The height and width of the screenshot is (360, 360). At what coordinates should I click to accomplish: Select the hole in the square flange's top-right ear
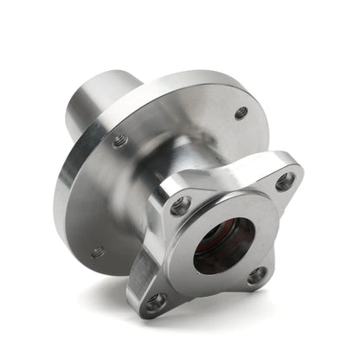284,182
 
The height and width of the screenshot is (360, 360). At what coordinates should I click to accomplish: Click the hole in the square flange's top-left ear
180,206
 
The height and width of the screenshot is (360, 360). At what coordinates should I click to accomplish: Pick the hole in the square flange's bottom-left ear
156,302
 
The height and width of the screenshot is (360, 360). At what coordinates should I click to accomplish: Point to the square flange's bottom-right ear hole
257,275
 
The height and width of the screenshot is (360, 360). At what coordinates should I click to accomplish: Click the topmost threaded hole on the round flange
241,112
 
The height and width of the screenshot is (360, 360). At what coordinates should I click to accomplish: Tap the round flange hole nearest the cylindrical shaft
119,139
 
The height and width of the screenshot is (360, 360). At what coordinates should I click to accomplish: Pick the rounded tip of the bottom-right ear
268,282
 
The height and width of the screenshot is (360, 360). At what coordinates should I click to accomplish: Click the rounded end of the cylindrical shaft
76,108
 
